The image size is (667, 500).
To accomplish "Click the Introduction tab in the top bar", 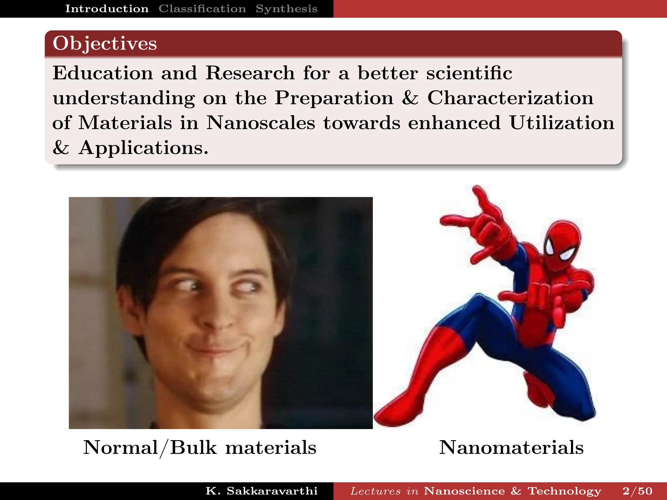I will click(107, 9).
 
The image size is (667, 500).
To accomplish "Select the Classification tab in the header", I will click(202, 9).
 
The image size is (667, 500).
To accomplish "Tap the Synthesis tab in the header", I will click(287, 9).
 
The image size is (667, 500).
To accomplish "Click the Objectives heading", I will click(105, 44).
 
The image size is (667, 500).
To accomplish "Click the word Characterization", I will click(510, 98).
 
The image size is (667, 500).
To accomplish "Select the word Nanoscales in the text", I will click(261, 123).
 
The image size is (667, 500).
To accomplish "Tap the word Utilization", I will click(562, 123).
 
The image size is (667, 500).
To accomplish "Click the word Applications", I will click(143, 148).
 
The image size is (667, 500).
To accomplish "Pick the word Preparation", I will click(334, 98).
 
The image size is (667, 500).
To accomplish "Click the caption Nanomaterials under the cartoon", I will click(511, 448).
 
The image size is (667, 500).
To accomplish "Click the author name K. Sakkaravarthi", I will click(262, 491).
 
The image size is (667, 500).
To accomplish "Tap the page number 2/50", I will click(637, 491).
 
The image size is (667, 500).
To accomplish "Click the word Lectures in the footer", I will click(376, 491).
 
